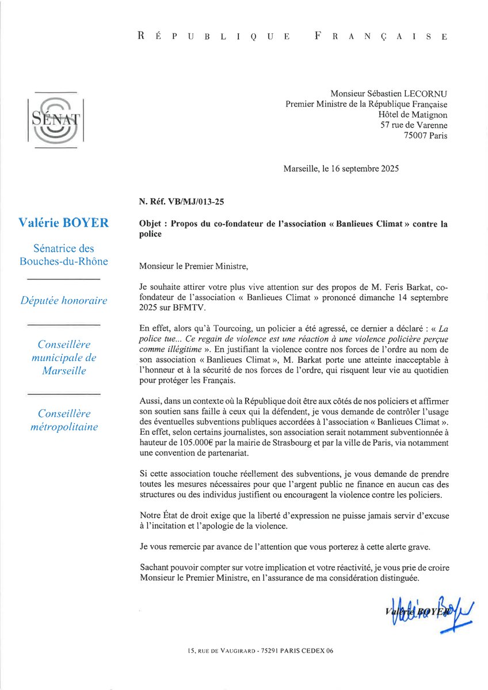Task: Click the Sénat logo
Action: tap(55, 120)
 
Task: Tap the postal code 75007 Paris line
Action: tap(426, 136)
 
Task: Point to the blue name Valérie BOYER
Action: tap(63, 223)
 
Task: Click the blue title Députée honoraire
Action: tap(63, 300)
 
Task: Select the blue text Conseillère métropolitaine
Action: tap(63, 420)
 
